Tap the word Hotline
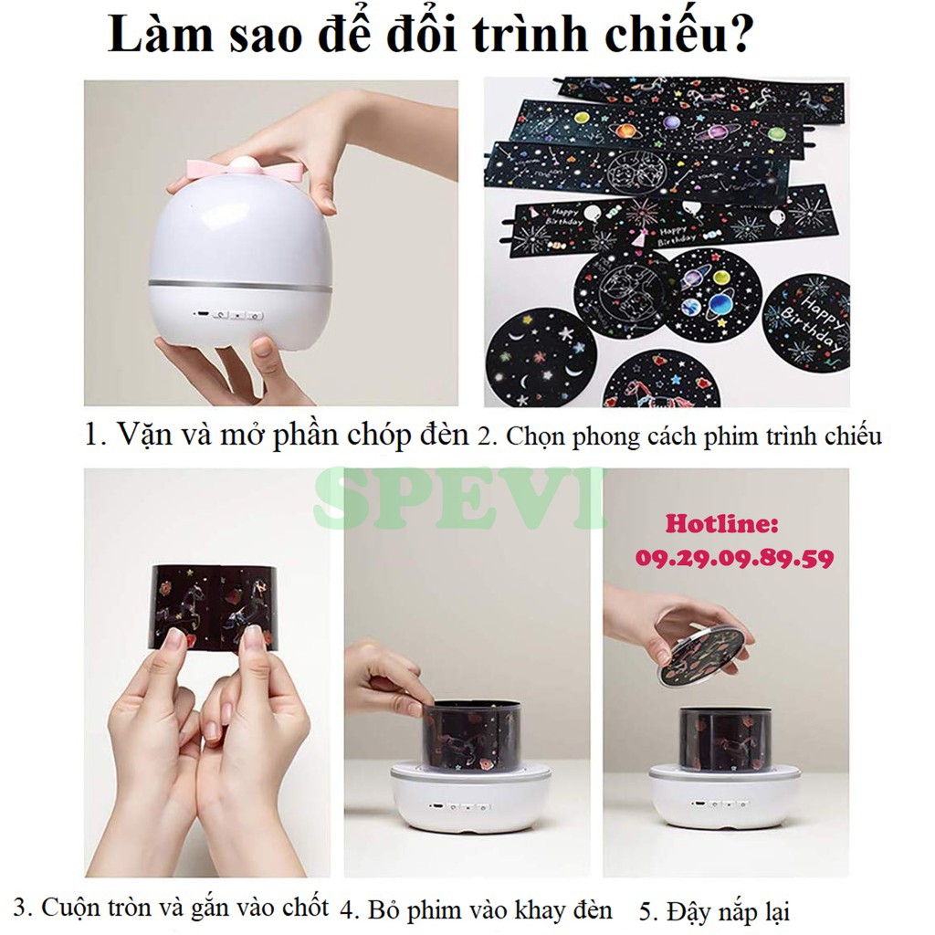pyautogui.click(x=721, y=524)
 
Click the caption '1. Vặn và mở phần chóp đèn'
pyautogui.click(x=276, y=435)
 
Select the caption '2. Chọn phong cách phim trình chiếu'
pyautogui.click(x=680, y=436)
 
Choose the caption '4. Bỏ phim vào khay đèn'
pyautogui.click(x=476, y=909)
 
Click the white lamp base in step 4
pyautogui.click(x=464, y=800)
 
